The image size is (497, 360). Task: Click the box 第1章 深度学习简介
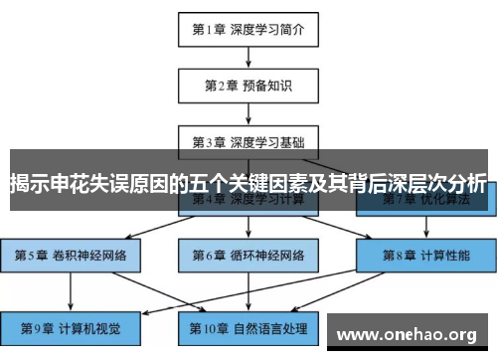[x=248, y=29]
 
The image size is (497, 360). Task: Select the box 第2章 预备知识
[x=248, y=86]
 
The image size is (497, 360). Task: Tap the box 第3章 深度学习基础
[x=248, y=140]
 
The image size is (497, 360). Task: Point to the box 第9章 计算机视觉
[x=71, y=326]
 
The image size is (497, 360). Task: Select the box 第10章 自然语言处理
[x=248, y=326]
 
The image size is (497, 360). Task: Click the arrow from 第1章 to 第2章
[x=248, y=57]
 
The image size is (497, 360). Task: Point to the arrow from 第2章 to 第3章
[x=248, y=112]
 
